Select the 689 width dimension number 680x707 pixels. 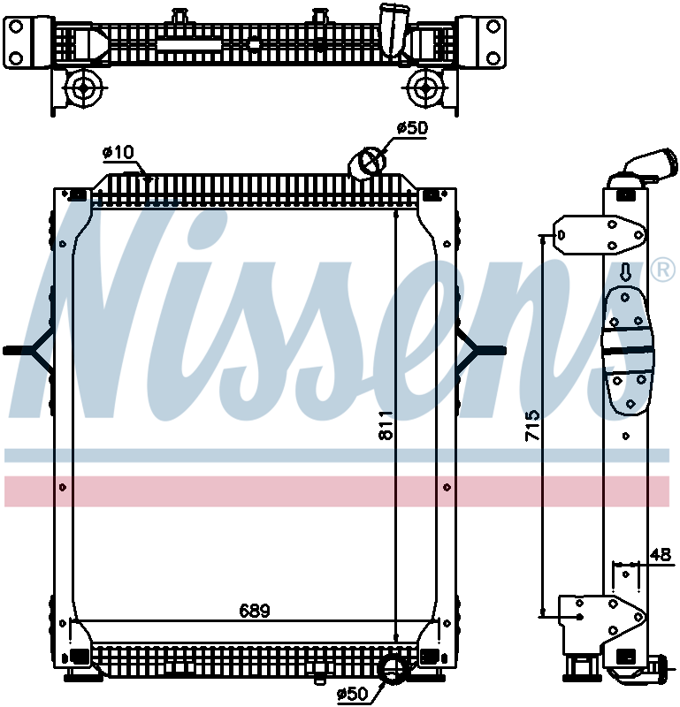pos(254,611)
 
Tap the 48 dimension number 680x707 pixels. pos(660,554)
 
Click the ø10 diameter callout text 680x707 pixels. pos(118,153)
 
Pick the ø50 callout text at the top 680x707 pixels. pos(411,128)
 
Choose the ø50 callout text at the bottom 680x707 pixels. pos(353,694)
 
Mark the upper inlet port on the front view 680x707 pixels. pos(369,162)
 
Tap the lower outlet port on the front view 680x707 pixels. pos(391,669)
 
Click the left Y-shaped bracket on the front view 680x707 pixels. pos(32,350)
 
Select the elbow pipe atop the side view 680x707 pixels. pos(646,167)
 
